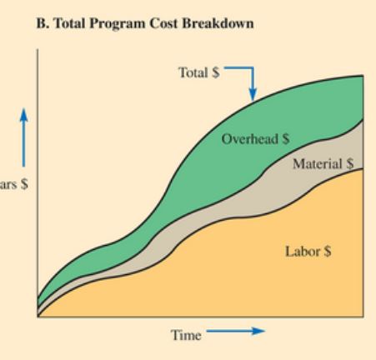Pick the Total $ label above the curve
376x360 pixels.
click(198, 72)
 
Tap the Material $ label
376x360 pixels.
click(318, 163)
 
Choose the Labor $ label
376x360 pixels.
click(309, 250)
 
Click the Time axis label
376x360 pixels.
click(186, 335)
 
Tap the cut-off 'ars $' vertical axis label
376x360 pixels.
click(13, 185)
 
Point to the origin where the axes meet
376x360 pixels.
click(38, 317)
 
